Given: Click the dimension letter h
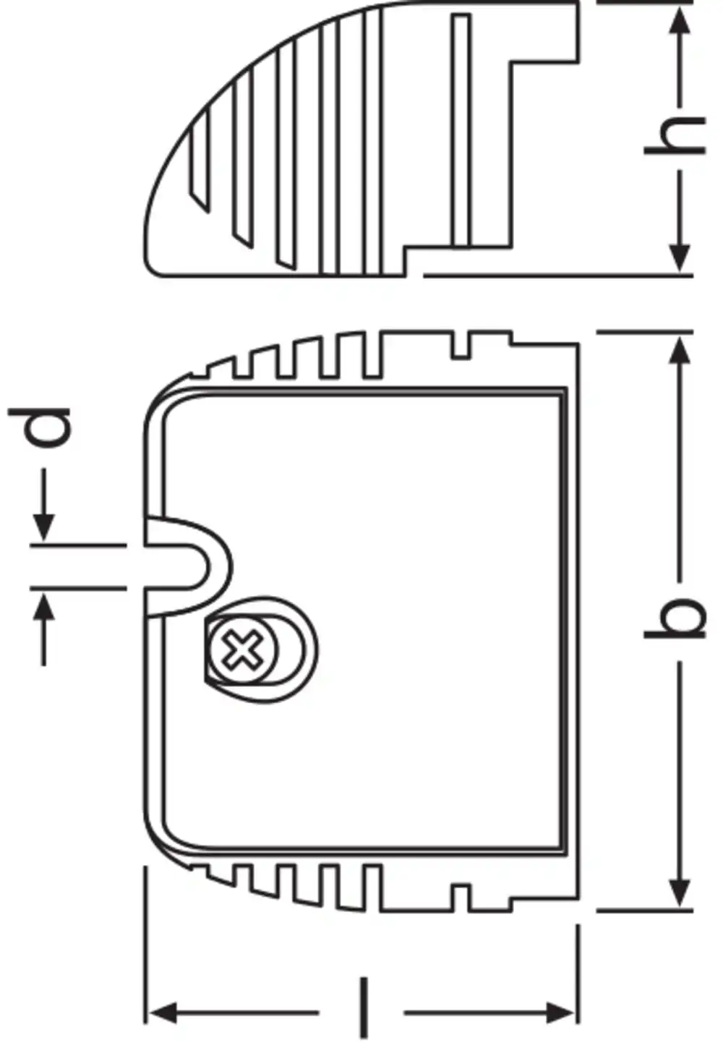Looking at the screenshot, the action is point(675,136).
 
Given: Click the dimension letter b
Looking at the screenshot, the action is point(675,619).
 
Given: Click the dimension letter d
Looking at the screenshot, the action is point(39,427).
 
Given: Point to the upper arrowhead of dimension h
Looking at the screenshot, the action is point(680,21).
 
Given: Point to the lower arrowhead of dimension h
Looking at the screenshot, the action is point(680,258).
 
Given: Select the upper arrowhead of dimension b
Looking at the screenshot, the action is point(680,351).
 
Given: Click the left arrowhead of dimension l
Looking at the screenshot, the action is point(163,1013).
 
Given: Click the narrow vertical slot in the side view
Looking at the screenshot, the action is point(461,130).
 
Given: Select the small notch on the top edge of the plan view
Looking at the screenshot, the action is point(461,345).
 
